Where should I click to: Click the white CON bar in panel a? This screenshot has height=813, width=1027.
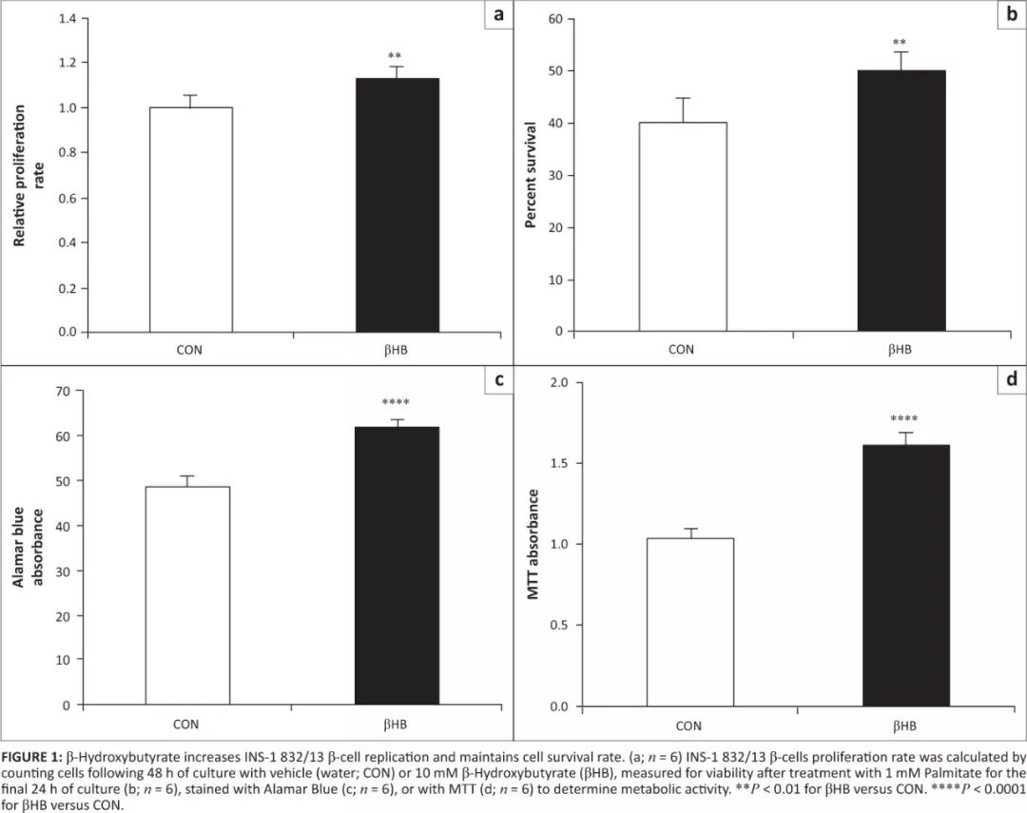[x=190, y=219]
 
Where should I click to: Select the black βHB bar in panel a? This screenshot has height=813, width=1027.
[x=397, y=204]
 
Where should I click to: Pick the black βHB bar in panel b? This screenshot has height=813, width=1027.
[x=900, y=201]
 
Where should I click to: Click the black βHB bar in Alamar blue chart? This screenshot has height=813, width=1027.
[x=397, y=566]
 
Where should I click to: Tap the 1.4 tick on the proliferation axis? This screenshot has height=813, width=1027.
[x=67, y=18]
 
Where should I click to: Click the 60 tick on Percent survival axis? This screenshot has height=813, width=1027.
[x=555, y=19]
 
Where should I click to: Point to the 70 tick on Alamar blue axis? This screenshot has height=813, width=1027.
[x=65, y=391]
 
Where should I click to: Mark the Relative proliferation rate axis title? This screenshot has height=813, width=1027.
[x=28, y=176]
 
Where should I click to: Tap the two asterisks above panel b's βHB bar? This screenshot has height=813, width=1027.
[x=899, y=43]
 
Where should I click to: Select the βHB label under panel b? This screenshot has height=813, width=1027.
[x=900, y=349]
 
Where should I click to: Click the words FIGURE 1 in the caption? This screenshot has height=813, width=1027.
[x=29, y=757]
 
